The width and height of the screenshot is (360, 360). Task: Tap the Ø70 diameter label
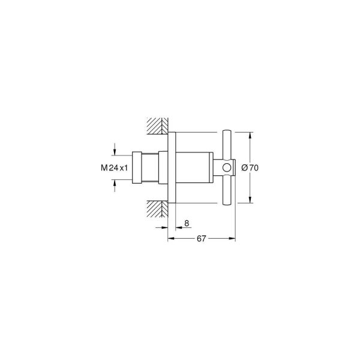(250, 168)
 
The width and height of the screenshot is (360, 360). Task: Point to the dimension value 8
(187, 223)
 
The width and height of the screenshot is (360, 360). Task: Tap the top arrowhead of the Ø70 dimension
(250, 134)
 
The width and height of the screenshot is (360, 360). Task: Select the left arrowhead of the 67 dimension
(170, 238)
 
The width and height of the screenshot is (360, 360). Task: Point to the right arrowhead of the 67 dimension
(232, 238)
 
